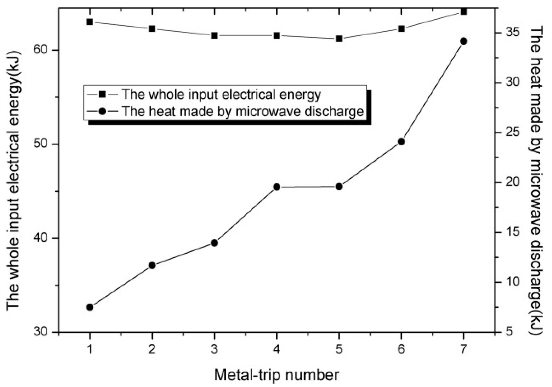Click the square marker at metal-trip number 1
(x=90, y=22)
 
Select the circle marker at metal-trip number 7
(x=463, y=41)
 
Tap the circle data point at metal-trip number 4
(x=277, y=187)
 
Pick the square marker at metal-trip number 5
(x=339, y=39)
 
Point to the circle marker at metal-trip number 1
(x=90, y=307)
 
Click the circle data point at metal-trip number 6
(x=401, y=142)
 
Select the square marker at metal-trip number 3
(x=214, y=36)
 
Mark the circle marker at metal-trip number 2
(x=152, y=265)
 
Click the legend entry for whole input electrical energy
(x=221, y=94)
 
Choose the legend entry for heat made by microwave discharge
(x=242, y=111)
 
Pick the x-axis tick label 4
(x=277, y=349)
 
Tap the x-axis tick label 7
(x=463, y=349)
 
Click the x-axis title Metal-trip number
(x=276, y=375)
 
